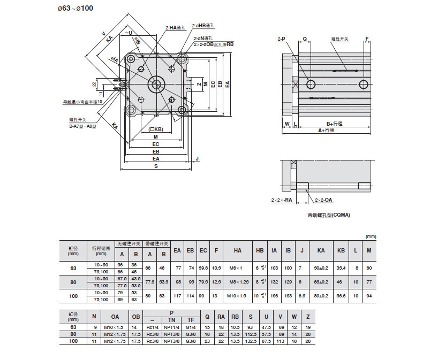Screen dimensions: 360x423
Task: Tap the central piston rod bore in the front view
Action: tap(156, 83)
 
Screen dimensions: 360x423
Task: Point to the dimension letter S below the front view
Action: tap(156, 166)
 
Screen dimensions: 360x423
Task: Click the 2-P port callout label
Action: tap(281, 39)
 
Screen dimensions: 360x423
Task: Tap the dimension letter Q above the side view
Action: tap(304, 39)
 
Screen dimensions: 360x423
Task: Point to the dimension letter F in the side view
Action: tap(367, 39)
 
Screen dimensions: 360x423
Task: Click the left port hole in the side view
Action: tap(311, 84)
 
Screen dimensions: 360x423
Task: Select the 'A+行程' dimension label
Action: tap(327, 130)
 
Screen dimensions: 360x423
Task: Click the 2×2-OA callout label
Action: tap(323, 200)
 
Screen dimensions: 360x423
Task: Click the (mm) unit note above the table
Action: tap(370, 236)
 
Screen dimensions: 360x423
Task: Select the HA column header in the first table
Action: tap(238, 250)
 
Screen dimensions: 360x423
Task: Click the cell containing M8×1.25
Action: tap(238, 281)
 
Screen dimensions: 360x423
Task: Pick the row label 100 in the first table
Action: tap(73, 296)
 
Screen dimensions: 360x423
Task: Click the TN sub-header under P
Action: tap(171, 320)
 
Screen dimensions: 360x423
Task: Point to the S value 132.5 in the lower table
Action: tap(251, 341)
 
